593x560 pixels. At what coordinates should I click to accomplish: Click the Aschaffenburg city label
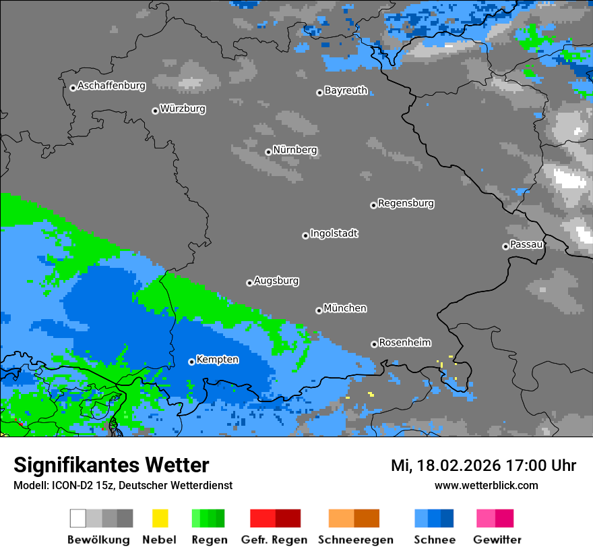(x=111, y=86)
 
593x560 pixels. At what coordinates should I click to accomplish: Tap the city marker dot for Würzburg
(x=155, y=111)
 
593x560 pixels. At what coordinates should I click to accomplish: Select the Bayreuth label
(x=346, y=90)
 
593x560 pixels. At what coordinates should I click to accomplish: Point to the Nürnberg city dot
(x=268, y=152)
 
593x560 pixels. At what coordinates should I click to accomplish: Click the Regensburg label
(x=406, y=203)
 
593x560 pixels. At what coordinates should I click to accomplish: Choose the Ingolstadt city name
(x=334, y=233)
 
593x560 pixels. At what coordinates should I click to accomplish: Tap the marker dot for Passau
(x=505, y=246)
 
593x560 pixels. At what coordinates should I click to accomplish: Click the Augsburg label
(x=276, y=281)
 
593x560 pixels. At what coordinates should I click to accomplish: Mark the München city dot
(x=319, y=310)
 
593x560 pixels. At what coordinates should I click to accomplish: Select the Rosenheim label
(x=404, y=342)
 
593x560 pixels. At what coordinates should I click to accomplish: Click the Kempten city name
(x=217, y=360)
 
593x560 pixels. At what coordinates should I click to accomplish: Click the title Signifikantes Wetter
(x=111, y=465)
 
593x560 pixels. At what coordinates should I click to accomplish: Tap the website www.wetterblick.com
(x=486, y=485)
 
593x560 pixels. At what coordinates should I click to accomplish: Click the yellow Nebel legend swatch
(x=160, y=518)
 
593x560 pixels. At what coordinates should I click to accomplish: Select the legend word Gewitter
(x=497, y=540)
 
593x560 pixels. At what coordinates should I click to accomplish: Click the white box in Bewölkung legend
(x=78, y=518)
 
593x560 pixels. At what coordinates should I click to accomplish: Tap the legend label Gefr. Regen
(x=274, y=540)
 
